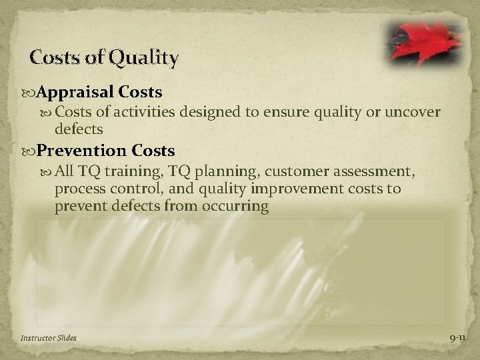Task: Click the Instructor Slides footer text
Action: (48, 338)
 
